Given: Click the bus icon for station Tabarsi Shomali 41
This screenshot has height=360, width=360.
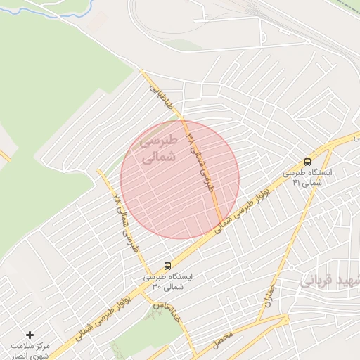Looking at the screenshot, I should point(307,161).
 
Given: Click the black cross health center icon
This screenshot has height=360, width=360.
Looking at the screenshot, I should point(30,335).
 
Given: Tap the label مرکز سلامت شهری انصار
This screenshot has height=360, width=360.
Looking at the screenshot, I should point(32,349).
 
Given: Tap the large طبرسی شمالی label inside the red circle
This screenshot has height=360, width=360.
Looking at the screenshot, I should point(157,149).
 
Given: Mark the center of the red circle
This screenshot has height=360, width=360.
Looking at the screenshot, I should point(180,179).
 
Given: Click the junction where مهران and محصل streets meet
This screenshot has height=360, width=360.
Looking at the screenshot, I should point(285,317).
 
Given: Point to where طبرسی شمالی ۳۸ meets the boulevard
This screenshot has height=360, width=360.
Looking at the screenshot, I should point(224,224).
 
